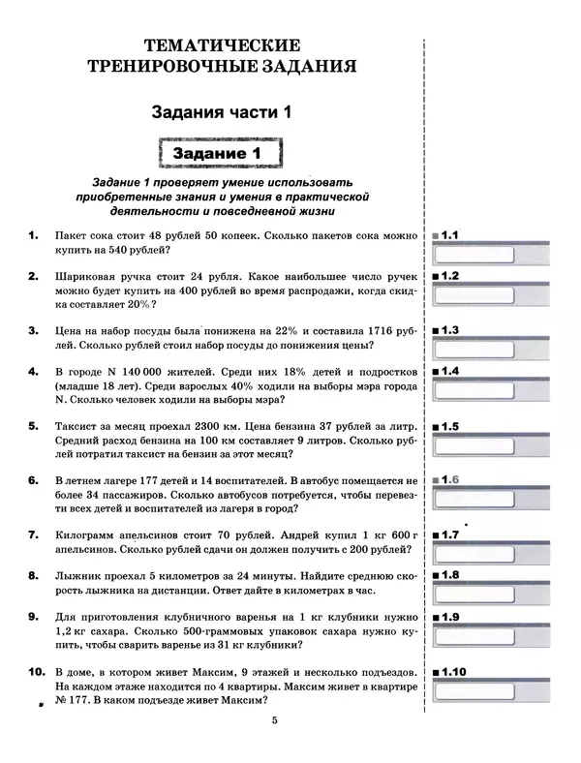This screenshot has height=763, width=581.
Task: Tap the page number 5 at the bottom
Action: point(274,721)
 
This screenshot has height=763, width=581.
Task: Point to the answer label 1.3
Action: point(449,329)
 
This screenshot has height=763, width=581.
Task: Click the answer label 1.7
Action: point(449,534)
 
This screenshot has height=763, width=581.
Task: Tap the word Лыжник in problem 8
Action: point(81,575)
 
